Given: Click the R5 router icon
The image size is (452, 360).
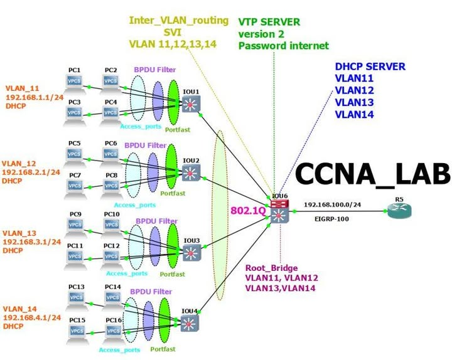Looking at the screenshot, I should [x=400, y=211].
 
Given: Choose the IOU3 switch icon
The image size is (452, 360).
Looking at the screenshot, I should [x=191, y=253].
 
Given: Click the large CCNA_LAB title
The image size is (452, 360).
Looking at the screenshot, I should [x=373, y=174].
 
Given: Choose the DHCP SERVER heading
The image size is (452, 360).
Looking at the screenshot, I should [x=370, y=66].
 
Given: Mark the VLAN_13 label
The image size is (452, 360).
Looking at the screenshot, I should [x=23, y=231].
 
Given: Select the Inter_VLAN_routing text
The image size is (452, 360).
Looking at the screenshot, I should [x=178, y=20].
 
